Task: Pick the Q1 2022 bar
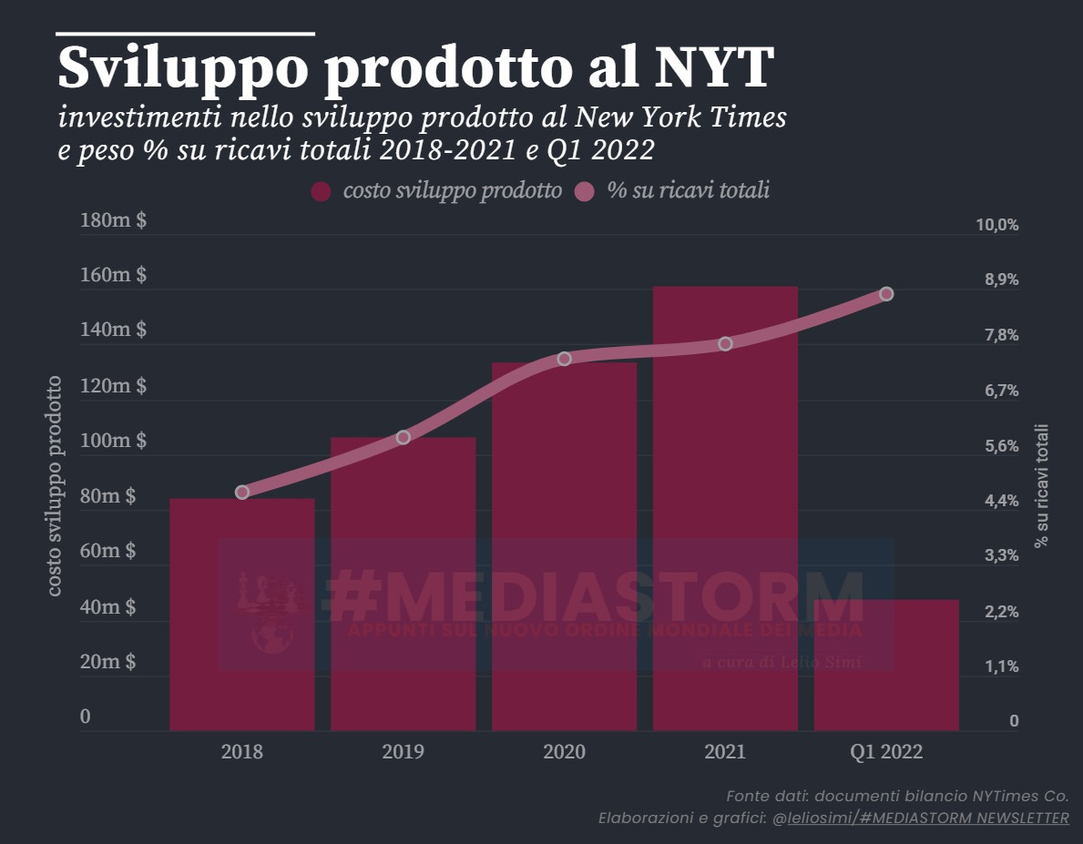pos(886,665)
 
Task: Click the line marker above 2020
pos(564,359)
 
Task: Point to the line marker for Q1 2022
pos(886,294)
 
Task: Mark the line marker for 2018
pos(241,492)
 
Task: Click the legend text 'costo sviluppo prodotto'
pos(452,191)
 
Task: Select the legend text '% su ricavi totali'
pos(688,191)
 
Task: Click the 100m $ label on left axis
pos(113,441)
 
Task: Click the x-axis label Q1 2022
pos(886,752)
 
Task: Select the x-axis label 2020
pos(564,752)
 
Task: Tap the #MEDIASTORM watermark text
pos(592,596)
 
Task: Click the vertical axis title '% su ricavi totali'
pos(1041,484)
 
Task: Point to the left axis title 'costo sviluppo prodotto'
pos(56,486)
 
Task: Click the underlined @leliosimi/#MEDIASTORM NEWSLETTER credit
pos(920,818)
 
